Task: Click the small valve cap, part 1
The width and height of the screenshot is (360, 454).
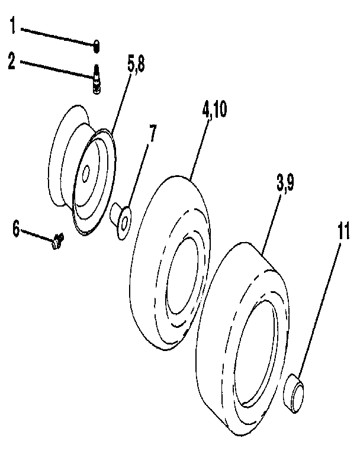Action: [97, 45]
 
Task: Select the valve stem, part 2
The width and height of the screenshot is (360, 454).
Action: [95, 81]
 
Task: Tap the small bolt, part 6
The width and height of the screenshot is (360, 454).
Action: [57, 240]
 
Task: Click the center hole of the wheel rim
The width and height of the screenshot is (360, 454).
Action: [87, 173]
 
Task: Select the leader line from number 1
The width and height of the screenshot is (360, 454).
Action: [56, 36]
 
